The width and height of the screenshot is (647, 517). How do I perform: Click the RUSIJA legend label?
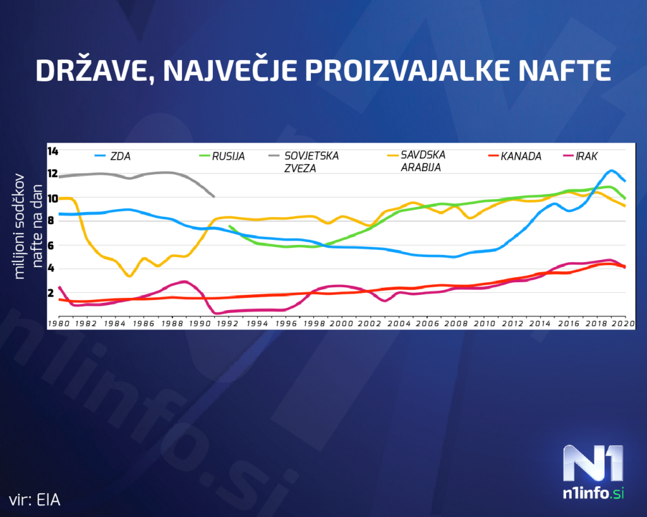[229, 156]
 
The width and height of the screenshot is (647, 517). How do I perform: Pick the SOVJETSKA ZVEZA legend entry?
[311, 162]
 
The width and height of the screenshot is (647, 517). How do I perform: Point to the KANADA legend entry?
[521, 156]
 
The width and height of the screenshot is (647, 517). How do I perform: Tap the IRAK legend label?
[586, 156]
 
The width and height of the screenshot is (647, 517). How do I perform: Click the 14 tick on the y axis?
[52, 151]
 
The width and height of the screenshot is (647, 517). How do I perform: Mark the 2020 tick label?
[624, 323]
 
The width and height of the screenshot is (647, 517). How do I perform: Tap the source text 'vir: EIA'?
[35, 499]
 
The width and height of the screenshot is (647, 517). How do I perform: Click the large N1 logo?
[593, 464]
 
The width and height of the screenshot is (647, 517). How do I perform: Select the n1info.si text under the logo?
[593, 494]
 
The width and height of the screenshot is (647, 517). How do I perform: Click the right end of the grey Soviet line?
[214, 196]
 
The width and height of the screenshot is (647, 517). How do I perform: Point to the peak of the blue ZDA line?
[611, 170]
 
